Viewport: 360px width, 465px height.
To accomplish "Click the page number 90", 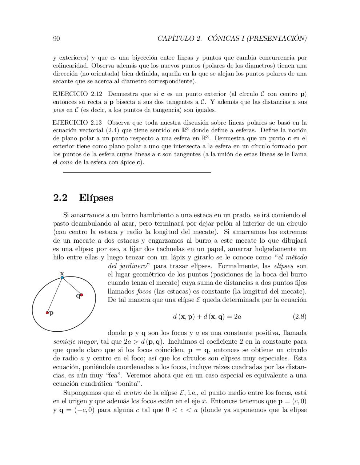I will pos(56,39).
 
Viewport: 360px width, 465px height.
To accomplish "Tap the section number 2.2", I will pos(60,198).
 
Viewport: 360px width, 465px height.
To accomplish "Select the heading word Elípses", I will pos(96,198).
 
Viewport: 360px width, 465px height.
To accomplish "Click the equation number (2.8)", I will pos(300,316).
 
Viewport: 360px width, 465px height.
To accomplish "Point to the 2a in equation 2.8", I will pos(237,316).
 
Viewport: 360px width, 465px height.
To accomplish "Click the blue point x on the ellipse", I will pos(62,278).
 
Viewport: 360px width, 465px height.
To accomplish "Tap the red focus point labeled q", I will pos(81,295).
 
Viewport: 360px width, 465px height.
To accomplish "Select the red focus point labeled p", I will pos(47,312).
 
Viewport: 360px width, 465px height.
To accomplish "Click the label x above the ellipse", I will pos(62,273).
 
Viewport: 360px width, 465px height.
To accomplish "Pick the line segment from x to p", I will pos(55,295).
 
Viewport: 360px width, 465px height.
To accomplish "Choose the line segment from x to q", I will pos(72,286).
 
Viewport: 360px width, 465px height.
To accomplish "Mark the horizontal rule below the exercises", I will pos(137,172).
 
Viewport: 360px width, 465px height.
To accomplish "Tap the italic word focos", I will pos(144,291).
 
